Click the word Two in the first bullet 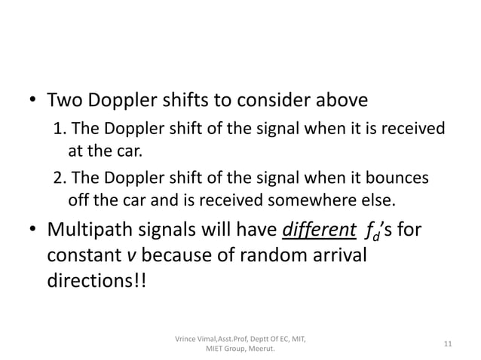coord(66,100)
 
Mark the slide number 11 coord(448,344)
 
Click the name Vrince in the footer coord(188,339)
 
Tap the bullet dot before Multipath coord(32,230)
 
